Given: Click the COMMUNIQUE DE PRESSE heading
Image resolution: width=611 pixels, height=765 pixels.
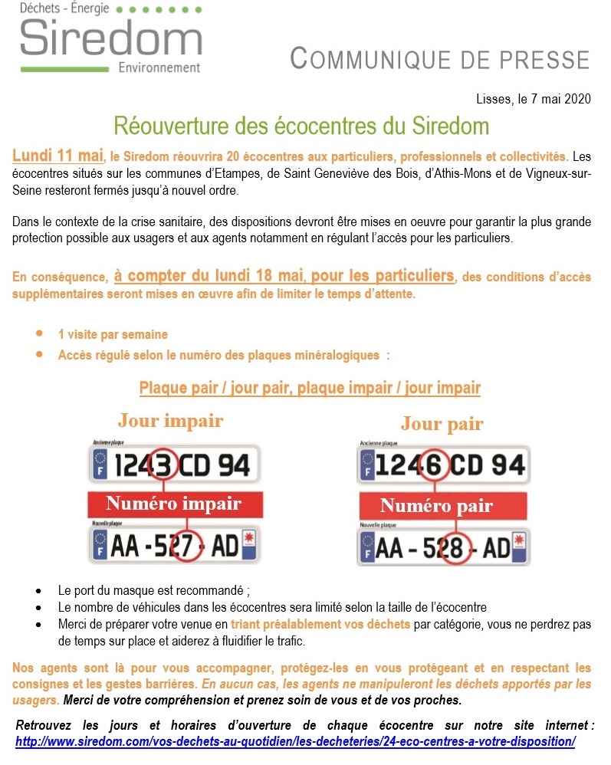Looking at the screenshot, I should [x=441, y=59].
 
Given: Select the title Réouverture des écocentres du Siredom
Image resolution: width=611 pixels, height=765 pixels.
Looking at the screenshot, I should [x=301, y=124].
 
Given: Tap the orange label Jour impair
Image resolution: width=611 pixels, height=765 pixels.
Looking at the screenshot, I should [x=170, y=421].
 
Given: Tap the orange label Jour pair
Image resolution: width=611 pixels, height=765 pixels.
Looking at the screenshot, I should [x=442, y=423].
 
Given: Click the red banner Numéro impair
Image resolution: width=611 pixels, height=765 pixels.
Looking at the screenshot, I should [x=173, y=504].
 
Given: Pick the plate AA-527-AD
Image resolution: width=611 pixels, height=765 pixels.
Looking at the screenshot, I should [x=174, y=545].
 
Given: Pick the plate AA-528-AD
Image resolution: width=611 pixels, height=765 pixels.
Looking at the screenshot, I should [x=443, y=548].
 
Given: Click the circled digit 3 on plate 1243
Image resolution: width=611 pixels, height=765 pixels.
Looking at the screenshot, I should [x=163, y=465].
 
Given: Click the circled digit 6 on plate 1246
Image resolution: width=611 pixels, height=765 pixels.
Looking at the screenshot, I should [x=431, y=466].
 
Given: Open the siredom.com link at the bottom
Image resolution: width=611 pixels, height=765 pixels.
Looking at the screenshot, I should [x=295, y=741].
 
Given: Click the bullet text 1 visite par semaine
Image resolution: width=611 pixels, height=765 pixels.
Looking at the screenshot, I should [x=113, y=335].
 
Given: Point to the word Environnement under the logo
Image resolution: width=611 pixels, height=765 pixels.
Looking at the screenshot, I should [x=159, y=67].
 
